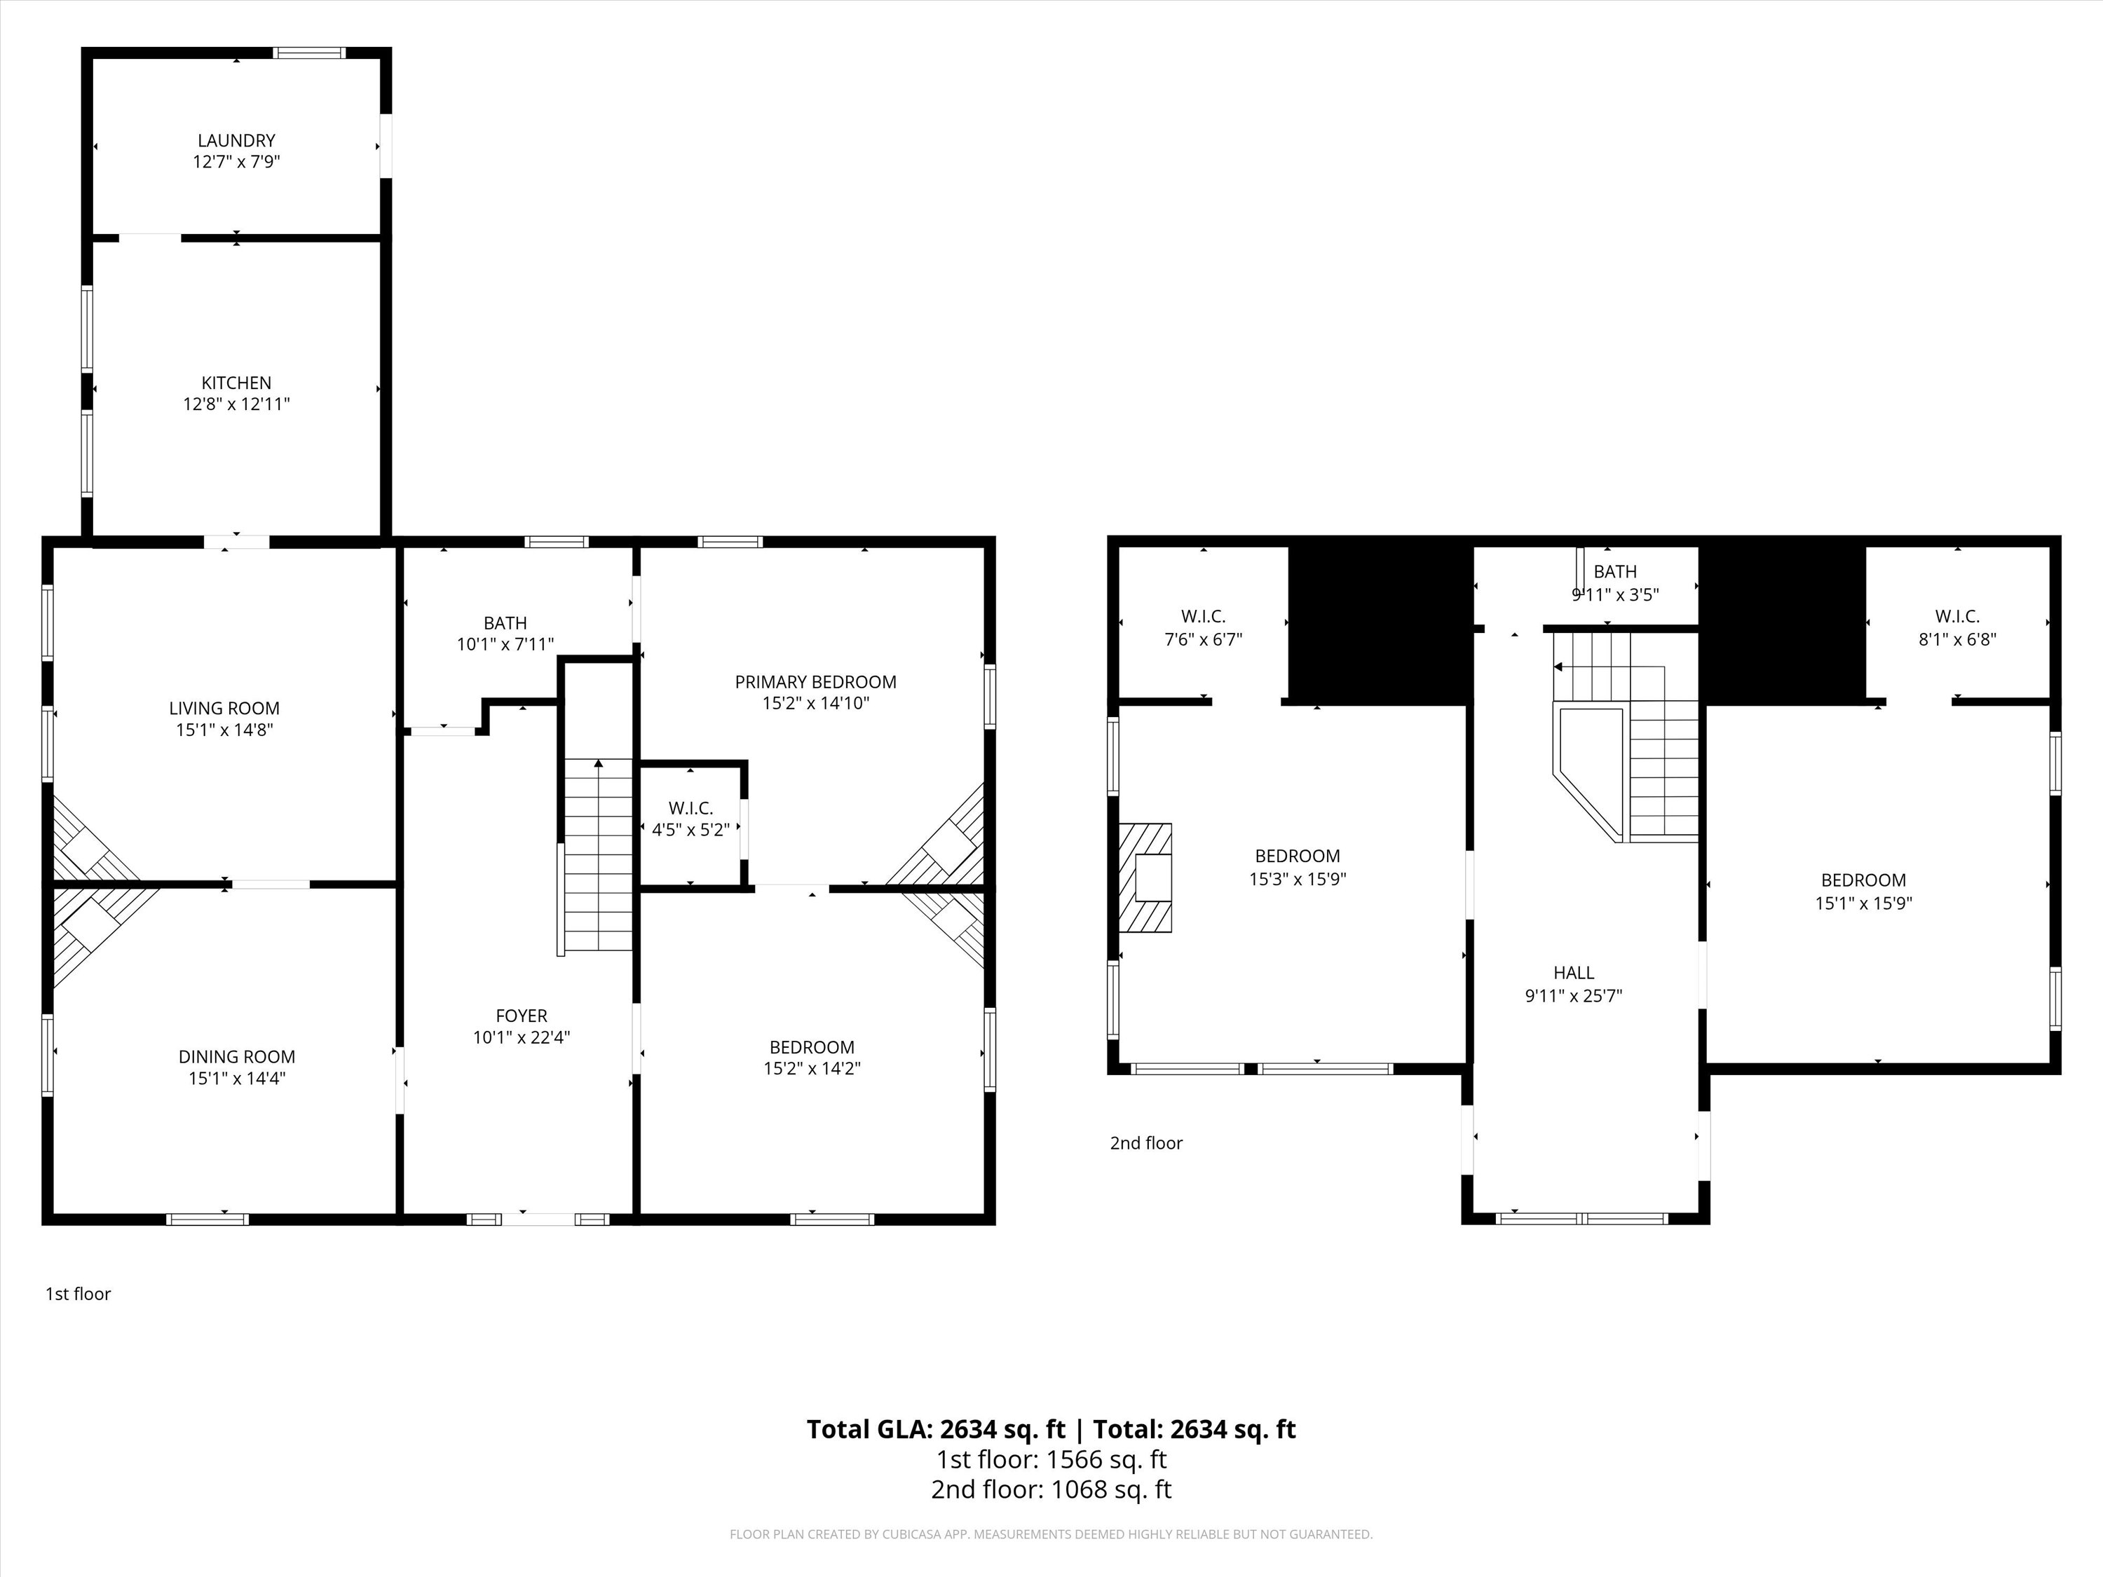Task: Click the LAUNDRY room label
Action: pos(237,141)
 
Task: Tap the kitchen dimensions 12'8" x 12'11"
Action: pos(237,404)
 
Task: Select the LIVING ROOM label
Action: pos(224,708)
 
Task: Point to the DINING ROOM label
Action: pos(237,1056)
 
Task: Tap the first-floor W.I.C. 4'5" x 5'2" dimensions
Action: pos(691,830)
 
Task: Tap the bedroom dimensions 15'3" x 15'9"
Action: pos(1298,880)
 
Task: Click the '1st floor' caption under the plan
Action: pos(78,1294)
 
